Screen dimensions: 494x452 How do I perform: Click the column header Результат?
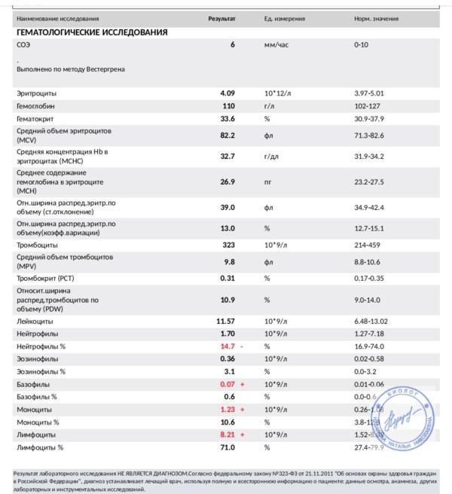[221, 18]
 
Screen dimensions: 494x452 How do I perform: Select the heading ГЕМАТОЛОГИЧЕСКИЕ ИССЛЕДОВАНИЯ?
[92, 32]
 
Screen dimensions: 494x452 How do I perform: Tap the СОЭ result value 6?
[233, 45]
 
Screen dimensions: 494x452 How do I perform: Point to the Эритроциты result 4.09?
[228, 93]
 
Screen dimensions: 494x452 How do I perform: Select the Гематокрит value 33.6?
[228, 118]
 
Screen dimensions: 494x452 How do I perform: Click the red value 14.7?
[228, 346]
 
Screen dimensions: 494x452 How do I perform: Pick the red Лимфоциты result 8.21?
[228, 435]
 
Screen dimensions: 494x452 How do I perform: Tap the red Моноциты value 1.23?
[228, 410]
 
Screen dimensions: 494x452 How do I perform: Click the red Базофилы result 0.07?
[228, 384]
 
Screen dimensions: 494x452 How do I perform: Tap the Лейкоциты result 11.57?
[226, 321]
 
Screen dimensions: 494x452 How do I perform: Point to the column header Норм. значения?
[376, 18]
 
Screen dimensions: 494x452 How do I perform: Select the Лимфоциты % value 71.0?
[228, 448]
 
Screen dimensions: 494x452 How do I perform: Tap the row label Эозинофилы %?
[41, 371]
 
